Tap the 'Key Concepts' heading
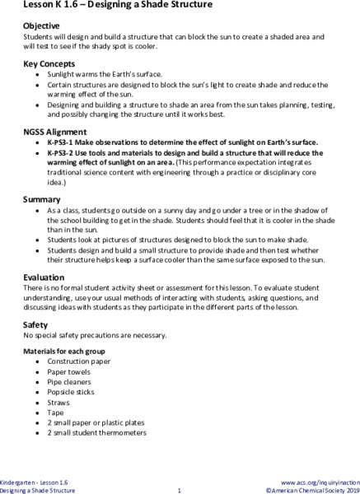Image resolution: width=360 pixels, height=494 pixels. tap(49, 63)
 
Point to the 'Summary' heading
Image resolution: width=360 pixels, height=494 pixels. tap(43, 199)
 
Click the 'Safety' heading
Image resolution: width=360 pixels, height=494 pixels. tap(37, 325)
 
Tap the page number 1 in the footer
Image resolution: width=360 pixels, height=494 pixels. tap(180, 490)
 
